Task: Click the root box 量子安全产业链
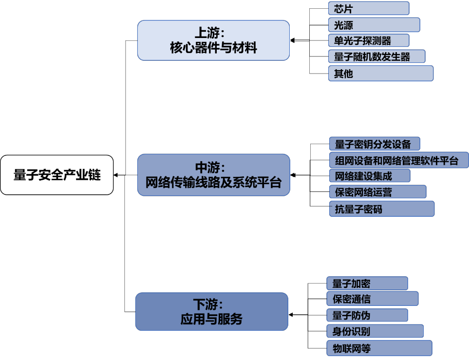point(57,175)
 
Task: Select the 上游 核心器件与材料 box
point(213,40)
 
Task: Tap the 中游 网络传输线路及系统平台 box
point(213,175)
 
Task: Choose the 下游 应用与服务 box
point(211,312)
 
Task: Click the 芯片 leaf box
point(369,8)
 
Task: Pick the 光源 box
point(374,24)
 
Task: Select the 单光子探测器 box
point(369,40)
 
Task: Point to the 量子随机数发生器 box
point(376,57)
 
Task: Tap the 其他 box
point(380,74)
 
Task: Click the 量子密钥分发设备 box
point(374,144)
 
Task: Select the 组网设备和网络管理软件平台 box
point(399,160)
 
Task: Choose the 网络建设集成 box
point(369,176)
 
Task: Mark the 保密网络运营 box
point(377,192)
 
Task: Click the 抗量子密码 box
point(381,209)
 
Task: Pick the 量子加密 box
point(367,284)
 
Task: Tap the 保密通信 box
point(372,299)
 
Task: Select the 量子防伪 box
point(367,315)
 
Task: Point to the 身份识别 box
point(375,331)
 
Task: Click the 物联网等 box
point(379,348)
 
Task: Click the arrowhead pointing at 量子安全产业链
point(116,175)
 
